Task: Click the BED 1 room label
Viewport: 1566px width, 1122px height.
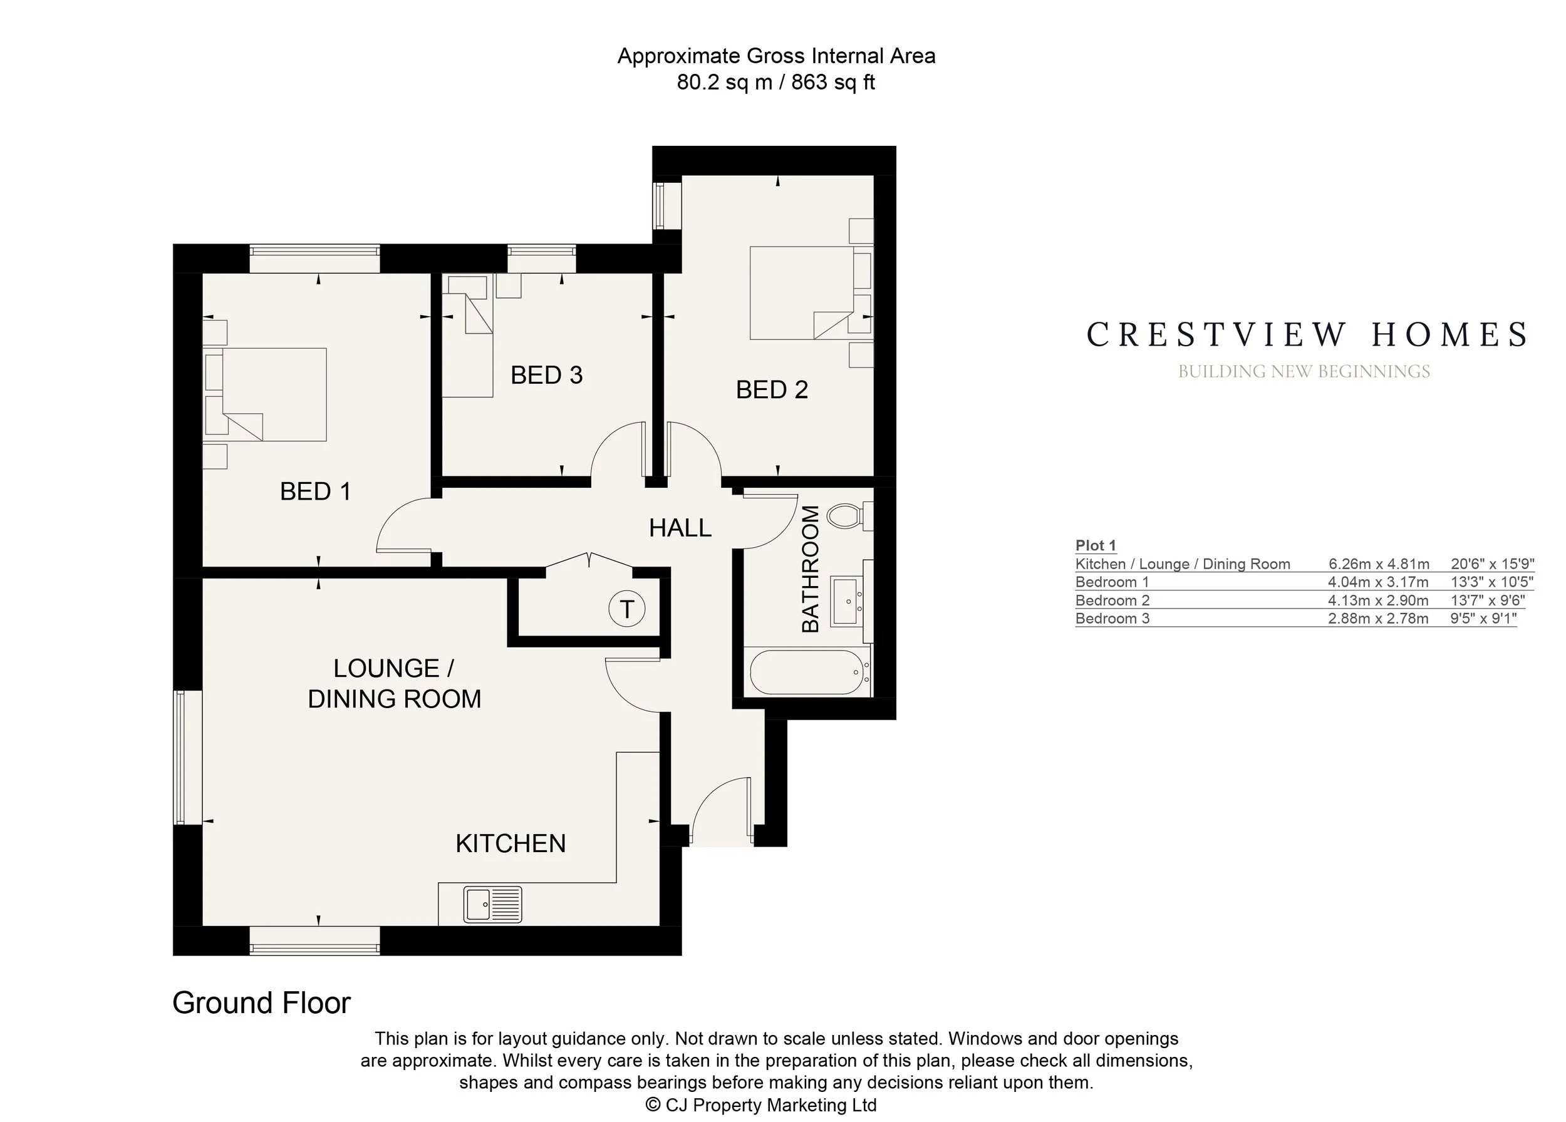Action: pos(316,492)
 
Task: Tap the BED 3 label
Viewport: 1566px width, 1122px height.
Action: pos(547,376)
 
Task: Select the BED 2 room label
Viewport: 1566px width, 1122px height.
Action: pos(772,390)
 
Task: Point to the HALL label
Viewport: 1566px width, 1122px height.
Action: pos(680,528)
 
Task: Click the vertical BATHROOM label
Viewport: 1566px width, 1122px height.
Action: pos(810,569)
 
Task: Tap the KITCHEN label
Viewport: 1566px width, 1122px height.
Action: pos(511,843)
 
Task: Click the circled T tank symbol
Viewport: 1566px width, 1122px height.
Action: pos(627,609)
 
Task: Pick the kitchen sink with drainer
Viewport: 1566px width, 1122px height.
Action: pos(493,905)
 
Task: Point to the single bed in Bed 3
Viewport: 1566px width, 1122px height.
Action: pos(468,337)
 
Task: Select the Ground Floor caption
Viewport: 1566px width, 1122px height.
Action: pos(261,1002)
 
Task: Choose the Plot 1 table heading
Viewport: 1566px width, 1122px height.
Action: pos(1096,545)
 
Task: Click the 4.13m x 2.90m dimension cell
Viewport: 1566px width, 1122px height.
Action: pos(1378,600)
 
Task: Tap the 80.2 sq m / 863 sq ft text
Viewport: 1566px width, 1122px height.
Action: pos(776,82)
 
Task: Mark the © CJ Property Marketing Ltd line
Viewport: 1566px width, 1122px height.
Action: pos(761,1104)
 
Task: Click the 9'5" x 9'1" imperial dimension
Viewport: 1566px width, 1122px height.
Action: pos(1483,618)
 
